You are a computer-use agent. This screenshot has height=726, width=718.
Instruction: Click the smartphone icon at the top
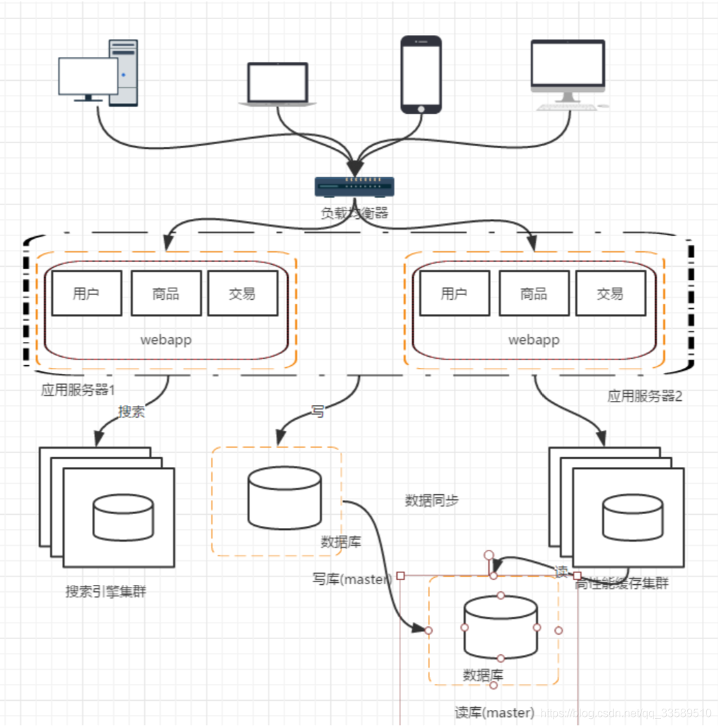click(x=421, y=74)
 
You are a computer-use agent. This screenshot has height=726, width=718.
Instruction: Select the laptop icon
click(x=278, y=84)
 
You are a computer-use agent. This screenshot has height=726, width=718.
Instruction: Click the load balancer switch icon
click(x=354, y=186)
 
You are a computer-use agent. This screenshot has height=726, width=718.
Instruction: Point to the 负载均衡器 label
click(x=354, y=213)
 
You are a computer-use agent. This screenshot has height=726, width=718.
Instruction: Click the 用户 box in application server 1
click(x=86, y=293)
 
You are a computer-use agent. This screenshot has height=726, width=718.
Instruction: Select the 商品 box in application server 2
click(x=534, y=293)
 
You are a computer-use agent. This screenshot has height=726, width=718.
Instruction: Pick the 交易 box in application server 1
click(x=242, y=293)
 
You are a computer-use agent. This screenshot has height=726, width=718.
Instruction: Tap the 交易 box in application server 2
click(x=610, y=293)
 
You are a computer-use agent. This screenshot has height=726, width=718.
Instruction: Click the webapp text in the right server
click(x=534, y=340)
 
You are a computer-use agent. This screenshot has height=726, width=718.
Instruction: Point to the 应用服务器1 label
click(x=78, y=390)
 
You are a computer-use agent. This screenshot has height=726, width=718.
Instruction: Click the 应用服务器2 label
click(x=645, y=396)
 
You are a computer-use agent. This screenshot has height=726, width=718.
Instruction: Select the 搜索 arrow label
click(x=131, y=411)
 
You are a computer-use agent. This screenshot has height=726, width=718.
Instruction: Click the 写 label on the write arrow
click(x=318, y=412)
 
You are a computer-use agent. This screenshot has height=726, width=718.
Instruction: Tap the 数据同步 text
click(x=432, y=501)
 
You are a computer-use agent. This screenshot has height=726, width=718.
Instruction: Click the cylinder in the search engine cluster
click(x=123, y=517)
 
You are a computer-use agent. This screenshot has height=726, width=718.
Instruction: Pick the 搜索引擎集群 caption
click(x=106, y=591)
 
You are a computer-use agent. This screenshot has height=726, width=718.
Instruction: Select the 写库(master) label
click(x=351, y=580)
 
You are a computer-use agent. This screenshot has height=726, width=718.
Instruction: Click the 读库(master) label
click(x=495, y=712)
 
